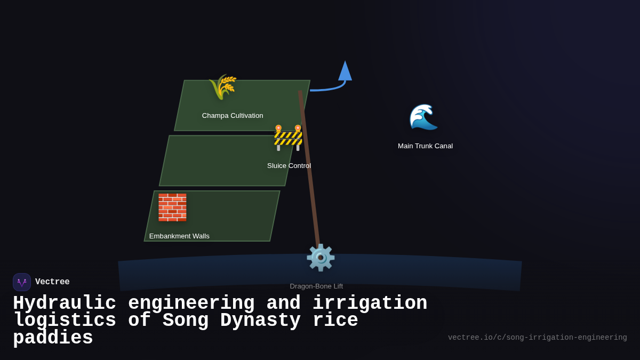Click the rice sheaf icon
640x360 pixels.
pyautogui.click(x=223, y=86)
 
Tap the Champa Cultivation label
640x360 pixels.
pyautogui.click(x=233, y=116)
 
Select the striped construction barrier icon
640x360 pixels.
pyautogui.click(x=288, y=138)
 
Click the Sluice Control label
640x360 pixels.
pyautogui.click(x=289, y=166)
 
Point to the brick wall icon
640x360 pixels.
pyautogui.click(x=172, y=207)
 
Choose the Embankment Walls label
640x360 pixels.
pyautogui.click(x=179, y=236)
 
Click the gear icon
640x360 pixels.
pyautogui.click(x=321, y=258)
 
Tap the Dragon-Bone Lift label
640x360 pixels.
pyautogui.click(x=316, y=286)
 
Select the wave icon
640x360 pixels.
pyautogui.click(x=423, y=117)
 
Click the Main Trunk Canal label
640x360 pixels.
pyautogui.click(x=425, y=146)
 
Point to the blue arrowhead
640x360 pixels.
pyautogui.click(x=345, y=71)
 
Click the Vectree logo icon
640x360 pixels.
pyautogui.click(x=22, y=282)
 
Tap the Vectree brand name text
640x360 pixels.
pyautogui.click(x=52, y=282)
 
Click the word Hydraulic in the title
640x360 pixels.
pyautogui.click(x=65, y=303)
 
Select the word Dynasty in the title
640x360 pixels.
pyautogui.click(x=261, y=321)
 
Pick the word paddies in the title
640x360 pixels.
pyautogui.click(x=53, y=338)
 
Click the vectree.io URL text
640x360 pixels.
pyautogui.click(x=537, y=338)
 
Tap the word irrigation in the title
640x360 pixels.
pyautogui.click(x=370, y=303)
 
